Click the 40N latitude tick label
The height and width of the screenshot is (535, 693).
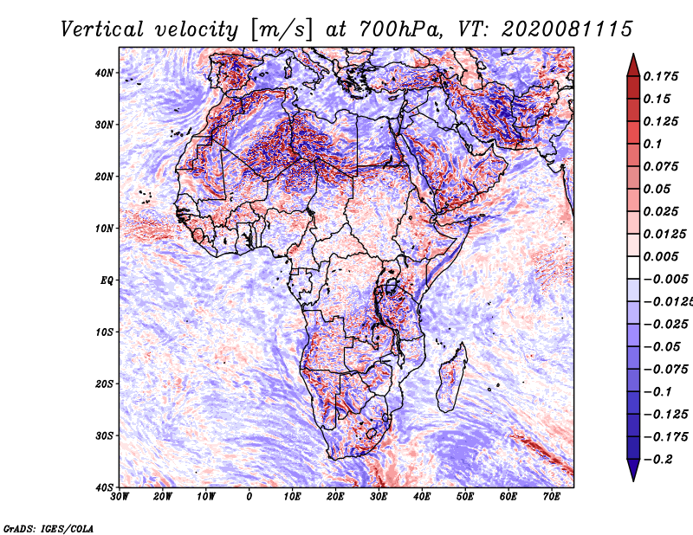(104, 73)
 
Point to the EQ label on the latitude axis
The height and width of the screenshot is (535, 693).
(107, 280)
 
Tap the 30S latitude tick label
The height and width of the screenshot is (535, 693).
(104, 436)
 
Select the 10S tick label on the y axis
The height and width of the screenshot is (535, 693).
(104, 332)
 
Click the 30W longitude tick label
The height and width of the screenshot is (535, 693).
(120, 497)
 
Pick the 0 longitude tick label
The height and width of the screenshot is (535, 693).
(249, 497)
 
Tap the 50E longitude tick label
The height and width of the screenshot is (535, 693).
(465, 497)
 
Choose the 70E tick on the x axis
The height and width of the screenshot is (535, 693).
(552, 497)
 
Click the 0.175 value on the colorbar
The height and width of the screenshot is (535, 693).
(660, 76)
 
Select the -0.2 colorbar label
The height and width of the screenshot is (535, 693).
(658, 460)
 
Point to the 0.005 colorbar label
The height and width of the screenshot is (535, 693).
(660, 256)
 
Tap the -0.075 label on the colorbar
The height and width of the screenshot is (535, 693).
(666, 370)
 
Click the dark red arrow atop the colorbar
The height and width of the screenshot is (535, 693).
(633, 66)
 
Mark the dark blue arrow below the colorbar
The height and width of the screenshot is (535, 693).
(633, 470)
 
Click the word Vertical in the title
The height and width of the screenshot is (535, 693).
(102, 29)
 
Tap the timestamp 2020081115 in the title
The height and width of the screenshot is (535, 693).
(567, 29)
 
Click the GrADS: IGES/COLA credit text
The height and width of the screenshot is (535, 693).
(49, 529)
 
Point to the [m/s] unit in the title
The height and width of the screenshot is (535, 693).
(282, 29)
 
